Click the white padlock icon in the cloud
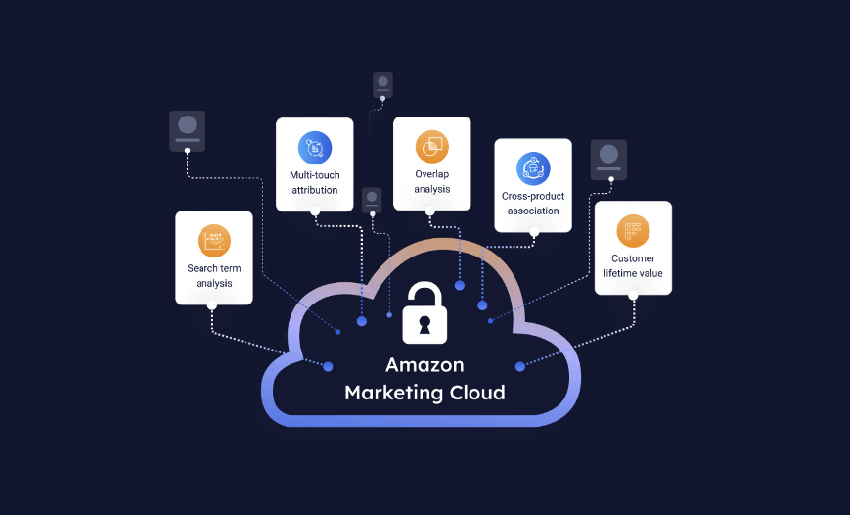425,313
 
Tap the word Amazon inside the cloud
425,365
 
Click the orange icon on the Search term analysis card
214,240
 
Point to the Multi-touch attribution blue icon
315,147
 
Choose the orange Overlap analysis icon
431,146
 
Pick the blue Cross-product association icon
533,167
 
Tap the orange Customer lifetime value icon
633,230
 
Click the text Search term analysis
214,276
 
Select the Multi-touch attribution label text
315,182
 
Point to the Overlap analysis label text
431,181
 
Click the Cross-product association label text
533,203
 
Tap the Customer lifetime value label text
633,266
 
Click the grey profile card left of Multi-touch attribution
187,130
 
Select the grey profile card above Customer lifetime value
608,159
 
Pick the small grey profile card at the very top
383,84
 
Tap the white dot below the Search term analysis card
212,305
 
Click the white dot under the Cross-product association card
534,234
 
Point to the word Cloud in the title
472,394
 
